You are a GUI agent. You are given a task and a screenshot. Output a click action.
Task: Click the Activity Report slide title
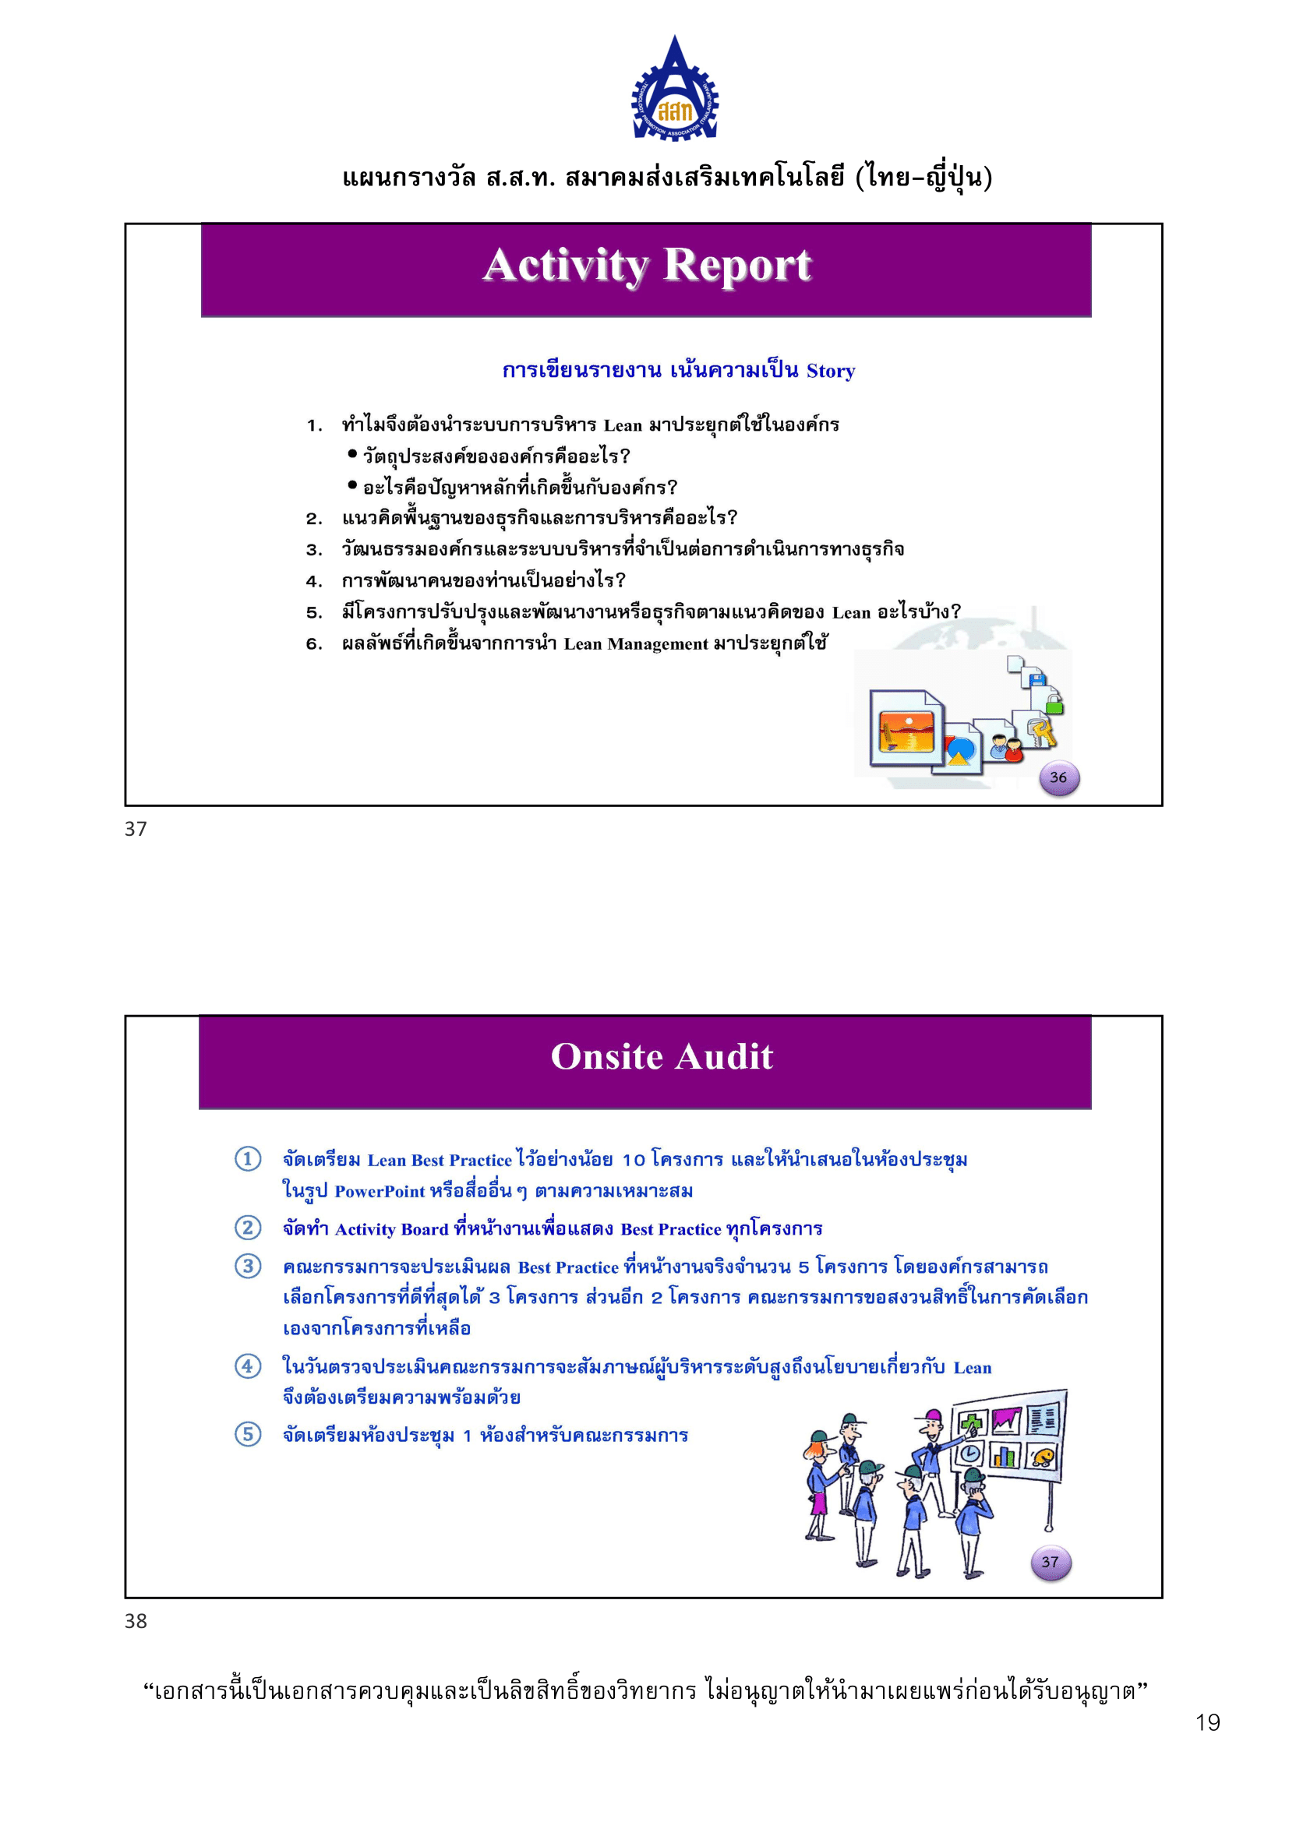(647, 265)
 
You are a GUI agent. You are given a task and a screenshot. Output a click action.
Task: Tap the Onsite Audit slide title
(661, 1057)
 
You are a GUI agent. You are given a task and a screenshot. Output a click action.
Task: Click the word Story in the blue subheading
(830, 371)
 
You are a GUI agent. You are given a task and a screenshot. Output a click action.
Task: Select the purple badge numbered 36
(1058, 777)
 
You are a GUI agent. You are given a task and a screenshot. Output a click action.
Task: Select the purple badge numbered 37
(1050, 1562)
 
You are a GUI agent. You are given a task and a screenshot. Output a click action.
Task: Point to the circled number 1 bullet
(248, 1158)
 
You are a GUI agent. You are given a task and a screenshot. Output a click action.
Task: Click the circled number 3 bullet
(248, 1266)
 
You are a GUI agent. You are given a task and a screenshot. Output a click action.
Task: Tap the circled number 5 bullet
(248, 1434)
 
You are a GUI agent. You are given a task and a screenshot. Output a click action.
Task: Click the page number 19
(1207, 1722)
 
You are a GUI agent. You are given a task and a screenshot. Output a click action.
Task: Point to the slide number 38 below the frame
(136, 1620)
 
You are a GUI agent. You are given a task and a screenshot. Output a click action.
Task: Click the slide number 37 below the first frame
(136, 829)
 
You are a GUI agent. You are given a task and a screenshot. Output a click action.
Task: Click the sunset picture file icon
(906, 728)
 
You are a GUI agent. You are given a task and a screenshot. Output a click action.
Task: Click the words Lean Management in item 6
(635, 643)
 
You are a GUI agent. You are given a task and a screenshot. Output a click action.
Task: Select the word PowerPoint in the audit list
(380, 1191)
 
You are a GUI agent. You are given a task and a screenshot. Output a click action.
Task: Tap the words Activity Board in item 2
(391, 1229)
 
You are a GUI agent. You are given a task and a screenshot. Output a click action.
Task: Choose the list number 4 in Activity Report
(314, 581)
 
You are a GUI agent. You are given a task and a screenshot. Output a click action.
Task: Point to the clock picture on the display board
(971, 1454)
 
